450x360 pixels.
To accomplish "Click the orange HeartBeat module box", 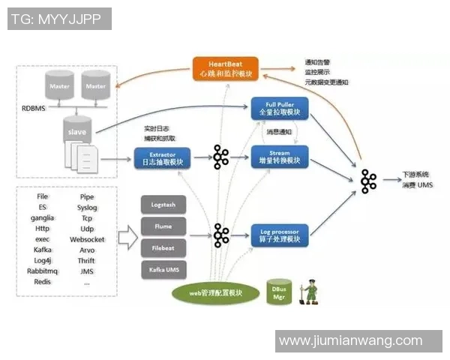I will [226, 68].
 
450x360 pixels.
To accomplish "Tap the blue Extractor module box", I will [162, 157].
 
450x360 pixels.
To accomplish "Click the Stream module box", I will [279, 157].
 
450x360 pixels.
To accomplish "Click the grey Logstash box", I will [163, 204].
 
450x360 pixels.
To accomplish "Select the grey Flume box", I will [163, 226].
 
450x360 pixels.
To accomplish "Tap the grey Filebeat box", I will [163, 247].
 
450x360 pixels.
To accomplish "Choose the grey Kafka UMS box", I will [163, 269].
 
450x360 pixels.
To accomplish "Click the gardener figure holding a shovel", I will [309, 292].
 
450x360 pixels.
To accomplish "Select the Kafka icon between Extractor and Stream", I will [220, 157].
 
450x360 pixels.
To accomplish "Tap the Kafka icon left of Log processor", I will [220, 235].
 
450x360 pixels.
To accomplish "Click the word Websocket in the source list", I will [87, 239].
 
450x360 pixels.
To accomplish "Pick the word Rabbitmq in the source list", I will [42, 271].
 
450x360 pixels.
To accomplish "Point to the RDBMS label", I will [34, 108].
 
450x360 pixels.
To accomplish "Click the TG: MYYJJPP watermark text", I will [58, 19].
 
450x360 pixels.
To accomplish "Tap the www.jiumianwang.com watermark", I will [350, 340].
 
